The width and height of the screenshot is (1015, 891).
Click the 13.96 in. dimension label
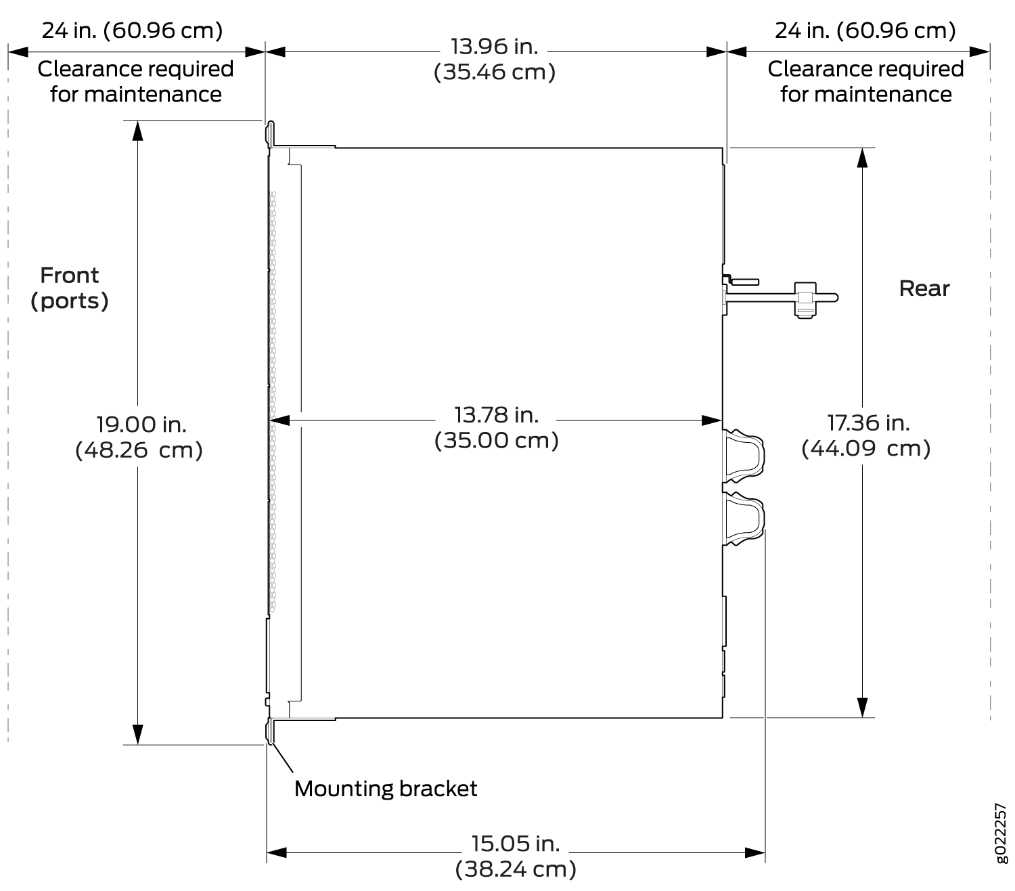pos(494,47)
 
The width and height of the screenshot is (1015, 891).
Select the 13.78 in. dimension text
pos(496,415)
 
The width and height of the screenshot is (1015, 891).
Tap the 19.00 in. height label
pos(141,425)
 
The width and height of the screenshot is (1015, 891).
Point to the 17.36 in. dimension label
pos(867,423)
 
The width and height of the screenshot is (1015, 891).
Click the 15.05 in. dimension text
pos(515,844)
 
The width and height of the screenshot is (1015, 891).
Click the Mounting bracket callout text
pos(385,788)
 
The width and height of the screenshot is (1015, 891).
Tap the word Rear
pos(924,288)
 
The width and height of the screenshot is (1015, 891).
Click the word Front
pos(69,276)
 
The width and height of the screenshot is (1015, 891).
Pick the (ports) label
pos(69,301)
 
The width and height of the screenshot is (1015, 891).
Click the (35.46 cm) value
pos(495,72)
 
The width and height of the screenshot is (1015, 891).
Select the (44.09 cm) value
pos(865,448)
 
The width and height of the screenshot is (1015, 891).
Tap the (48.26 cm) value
pos(139,450)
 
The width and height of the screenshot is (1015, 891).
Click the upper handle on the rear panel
pos(744,456)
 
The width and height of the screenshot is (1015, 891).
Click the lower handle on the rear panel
pos(744,519)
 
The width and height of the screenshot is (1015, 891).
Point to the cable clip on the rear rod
pos(805,300)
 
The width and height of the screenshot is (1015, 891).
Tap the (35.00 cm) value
pos(496,441)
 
